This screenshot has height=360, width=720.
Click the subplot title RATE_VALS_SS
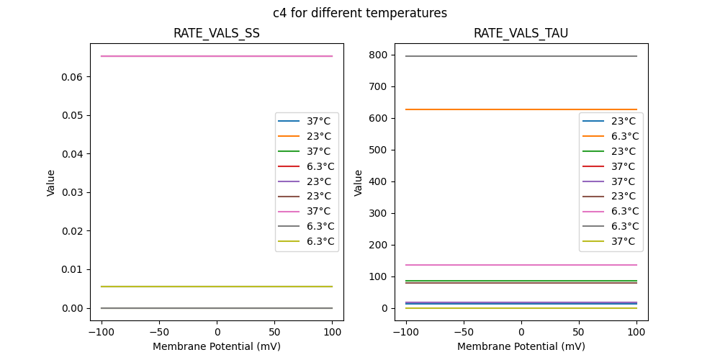[x=217, y=33]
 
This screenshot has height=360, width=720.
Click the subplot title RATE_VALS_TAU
[x=521, y=33]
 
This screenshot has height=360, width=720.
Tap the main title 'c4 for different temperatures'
[x=360, y=13]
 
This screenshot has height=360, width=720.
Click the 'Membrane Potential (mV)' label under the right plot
[x=521, y=346]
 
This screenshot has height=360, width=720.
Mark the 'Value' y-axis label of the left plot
[x=51, y=183]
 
